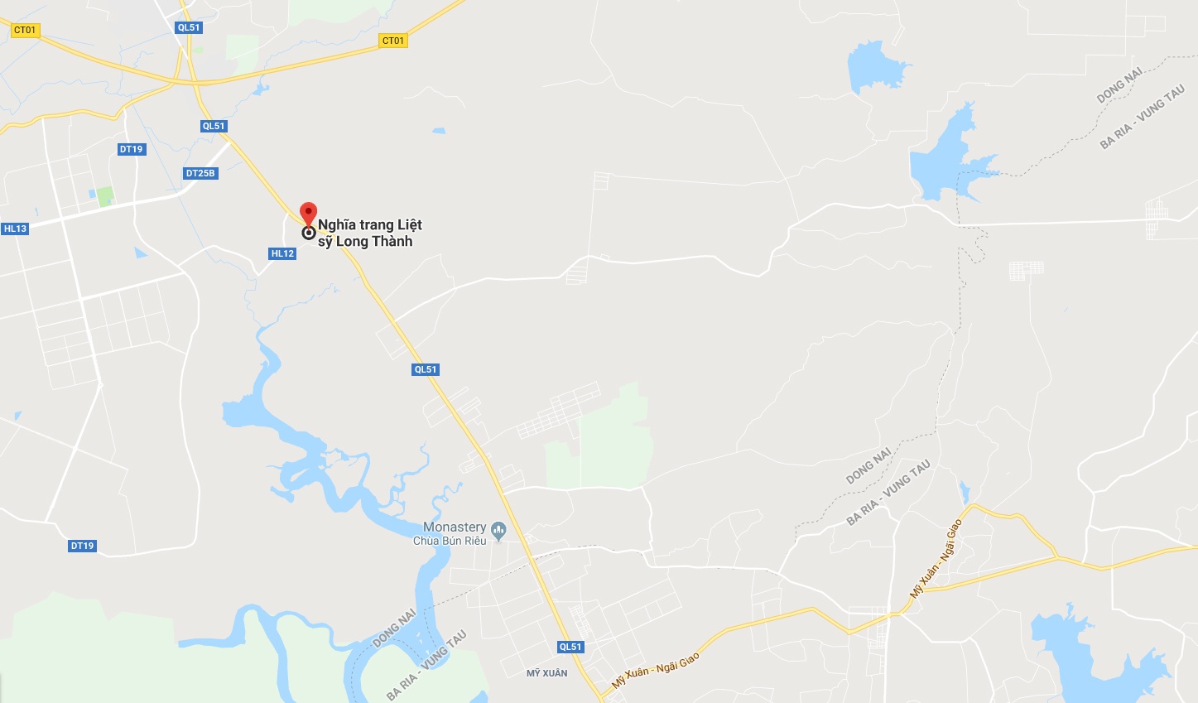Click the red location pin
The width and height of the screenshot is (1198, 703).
click(308, 212)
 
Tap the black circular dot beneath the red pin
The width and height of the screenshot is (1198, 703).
click(309, 234)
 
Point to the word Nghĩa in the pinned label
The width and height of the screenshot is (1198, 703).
click(337, 224)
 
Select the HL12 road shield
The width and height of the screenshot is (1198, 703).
click(282, 253)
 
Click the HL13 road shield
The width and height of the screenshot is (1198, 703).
click(15, 229)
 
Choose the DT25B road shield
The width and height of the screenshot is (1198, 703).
click(200, 173)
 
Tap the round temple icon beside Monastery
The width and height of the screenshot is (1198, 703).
click(498, 529)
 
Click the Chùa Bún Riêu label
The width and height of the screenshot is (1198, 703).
click(450, 541)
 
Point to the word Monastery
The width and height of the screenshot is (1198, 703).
click(455, 527)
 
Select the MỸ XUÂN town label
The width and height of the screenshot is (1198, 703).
click(547, 673)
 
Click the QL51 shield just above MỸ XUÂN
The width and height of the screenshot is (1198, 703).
click(570, 647)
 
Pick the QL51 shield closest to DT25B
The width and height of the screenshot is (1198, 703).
click(214, 126)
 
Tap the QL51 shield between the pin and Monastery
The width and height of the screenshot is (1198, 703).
click(426, 369)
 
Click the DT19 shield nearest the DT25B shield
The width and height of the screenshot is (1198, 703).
click(131, 149)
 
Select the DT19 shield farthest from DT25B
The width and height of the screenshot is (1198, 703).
click(82, 546)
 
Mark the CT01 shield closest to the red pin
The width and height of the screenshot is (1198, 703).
click(393, 41)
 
